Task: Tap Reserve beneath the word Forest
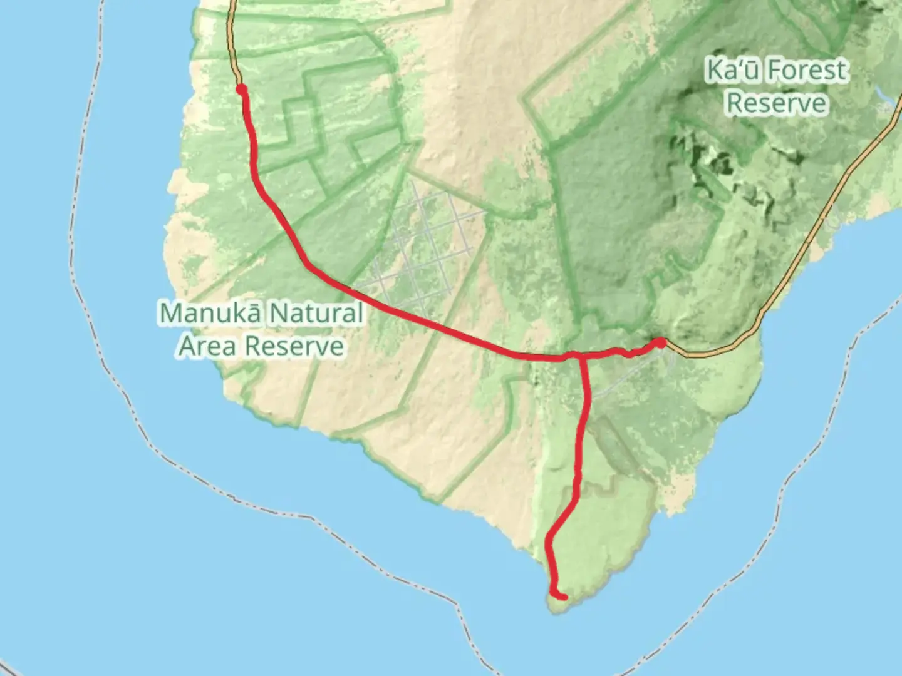click(x=777, y=103)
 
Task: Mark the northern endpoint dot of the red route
click(x=241, y=90)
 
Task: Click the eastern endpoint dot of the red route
click(x=660, y=342)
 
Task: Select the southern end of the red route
click(x=564, y=597)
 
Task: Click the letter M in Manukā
click(x=170, y=313)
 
